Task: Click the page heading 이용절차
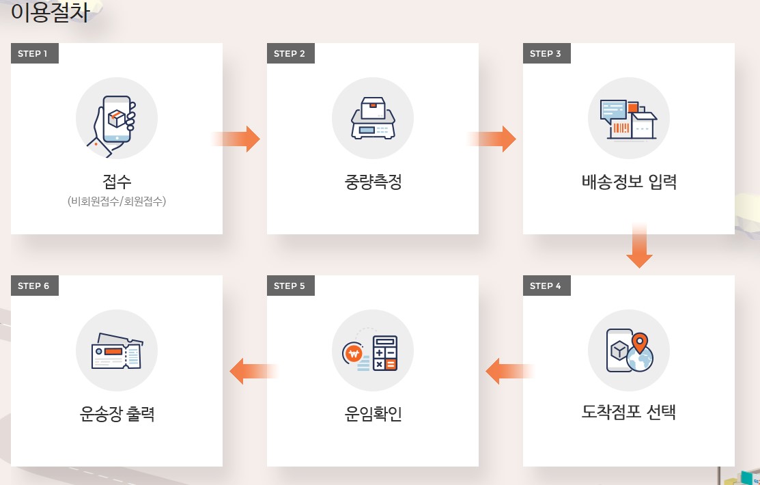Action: [50, 12]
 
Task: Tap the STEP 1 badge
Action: [34, 54]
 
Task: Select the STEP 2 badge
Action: [290, 54]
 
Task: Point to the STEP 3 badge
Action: [546, 54]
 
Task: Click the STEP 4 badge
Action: [546, 286]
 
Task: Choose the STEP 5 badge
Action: [290, 286]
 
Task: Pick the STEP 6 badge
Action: [34, 286]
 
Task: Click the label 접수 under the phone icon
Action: [117, 182]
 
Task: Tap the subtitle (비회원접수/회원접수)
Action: [117, 202]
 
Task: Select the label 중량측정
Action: [373, 182]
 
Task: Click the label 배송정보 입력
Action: [629, 182]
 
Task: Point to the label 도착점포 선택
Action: [629, 413]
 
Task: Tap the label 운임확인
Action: [373, 414]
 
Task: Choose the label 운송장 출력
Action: [117, 414]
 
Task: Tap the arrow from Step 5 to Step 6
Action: [253, 371]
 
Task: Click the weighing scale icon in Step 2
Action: [373, 119]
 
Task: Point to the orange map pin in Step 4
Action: [640, 342]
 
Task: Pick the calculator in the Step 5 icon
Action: [384, 353]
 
